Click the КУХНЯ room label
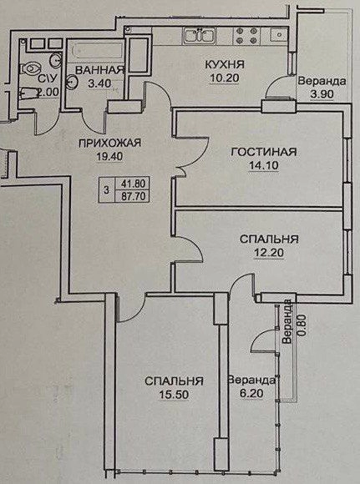pos(225,65)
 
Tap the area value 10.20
pos(225,78)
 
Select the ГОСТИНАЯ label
pos(264,152)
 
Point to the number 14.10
pos(264,166)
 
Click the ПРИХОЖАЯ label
pos(109,143)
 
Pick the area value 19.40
pos(110,157)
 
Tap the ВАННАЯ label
pos(99,70)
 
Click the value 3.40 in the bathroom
pos(99,83)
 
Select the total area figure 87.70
pos(133,196)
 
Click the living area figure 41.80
pos(133,184)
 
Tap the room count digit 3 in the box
pos(107,189)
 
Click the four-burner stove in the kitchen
pos(245,36)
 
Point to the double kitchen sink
pos(200,34)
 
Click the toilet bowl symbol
pos(30,68)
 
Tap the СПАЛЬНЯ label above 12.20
pos(269,239)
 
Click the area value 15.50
pos(174,395)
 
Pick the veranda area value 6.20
pos(251,394)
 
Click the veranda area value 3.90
pos(322,94)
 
